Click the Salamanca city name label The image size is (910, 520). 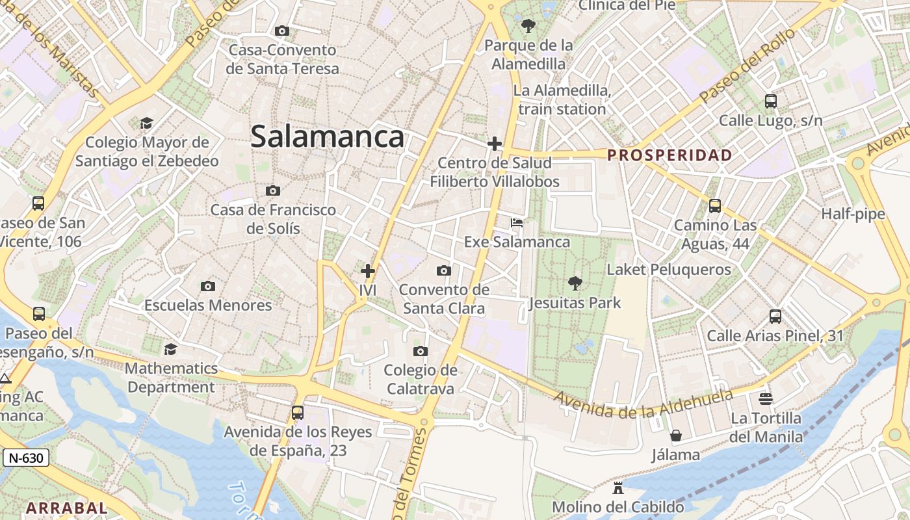point(327,137)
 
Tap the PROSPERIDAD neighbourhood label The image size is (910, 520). point(669,155)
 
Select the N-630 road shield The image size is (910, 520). point(26,458)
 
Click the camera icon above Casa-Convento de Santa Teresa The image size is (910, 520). point(282,31)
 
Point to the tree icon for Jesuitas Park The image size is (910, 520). point(575,283)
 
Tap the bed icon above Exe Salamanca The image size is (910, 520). point(517,223)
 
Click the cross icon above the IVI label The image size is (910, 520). point(368,270)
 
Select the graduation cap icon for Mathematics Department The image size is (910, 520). point(170,349)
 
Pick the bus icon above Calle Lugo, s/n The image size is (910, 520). point(771,101)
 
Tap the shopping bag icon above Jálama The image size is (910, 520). point(676,435)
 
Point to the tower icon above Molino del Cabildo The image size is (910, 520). point(617,487)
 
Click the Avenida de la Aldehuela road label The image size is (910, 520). point(643,404)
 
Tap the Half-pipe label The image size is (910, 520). point(853,214)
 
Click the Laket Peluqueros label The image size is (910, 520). point(669,269)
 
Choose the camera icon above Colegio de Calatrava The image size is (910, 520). point(421,351)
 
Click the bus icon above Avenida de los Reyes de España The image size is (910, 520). point(298,412)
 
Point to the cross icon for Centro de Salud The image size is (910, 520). point(495,143)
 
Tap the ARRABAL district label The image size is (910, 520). point(66,508)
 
